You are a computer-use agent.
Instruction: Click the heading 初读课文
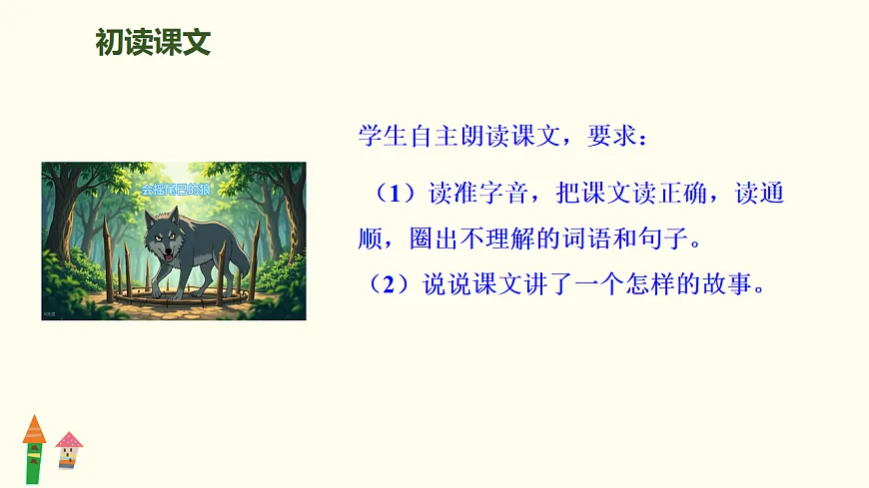[x=153, y=42]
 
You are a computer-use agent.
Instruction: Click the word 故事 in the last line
[x=735, y=284]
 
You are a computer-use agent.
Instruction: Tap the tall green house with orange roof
[x=34, y=449]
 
